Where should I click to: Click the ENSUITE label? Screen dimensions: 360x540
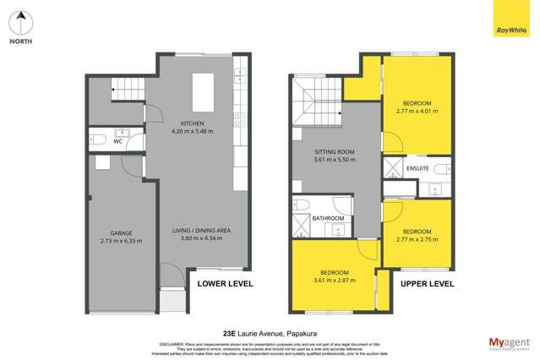(x=417, y=169)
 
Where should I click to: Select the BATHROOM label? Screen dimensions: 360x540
(x=329, y=218)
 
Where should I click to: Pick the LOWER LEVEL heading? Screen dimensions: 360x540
(x=225, y=284)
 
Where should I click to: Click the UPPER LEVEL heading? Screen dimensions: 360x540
(x=427, y=284)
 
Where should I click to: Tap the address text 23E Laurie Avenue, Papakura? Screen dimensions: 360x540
(x=270, y=332)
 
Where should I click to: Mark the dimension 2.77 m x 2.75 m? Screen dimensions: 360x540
(x=417, y=239)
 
